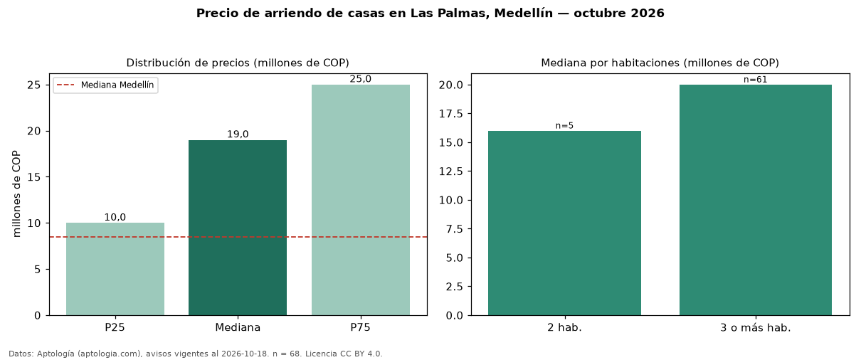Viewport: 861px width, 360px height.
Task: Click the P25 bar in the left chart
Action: [x=115, y=269]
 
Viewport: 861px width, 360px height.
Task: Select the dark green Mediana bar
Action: [x=238, y=228]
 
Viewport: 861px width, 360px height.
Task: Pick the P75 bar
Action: [x=361, y=200]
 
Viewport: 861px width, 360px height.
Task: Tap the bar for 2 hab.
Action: [x=564, y=223]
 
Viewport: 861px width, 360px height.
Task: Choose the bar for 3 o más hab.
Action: [x=755, y=200]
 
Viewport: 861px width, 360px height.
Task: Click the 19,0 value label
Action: [x=238, y=134]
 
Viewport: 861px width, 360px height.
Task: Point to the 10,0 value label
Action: [x=115, y=217]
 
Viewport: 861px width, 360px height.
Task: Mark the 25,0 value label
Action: [x=361, y=79]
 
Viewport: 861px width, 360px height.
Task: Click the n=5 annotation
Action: [x=564, y=126]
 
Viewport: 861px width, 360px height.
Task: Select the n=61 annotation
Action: [x=755, y=80]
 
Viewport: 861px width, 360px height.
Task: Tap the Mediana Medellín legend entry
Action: [x=105, y=85]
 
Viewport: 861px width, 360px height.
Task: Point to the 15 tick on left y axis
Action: [x=34, y=177]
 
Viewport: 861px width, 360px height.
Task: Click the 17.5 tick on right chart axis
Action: [x=451, y=114]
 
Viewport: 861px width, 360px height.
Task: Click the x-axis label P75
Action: [x=360, y=327]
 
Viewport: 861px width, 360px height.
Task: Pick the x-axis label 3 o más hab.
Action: [x=755, y=328]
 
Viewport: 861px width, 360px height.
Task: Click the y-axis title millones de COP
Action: [x=16, y=194]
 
